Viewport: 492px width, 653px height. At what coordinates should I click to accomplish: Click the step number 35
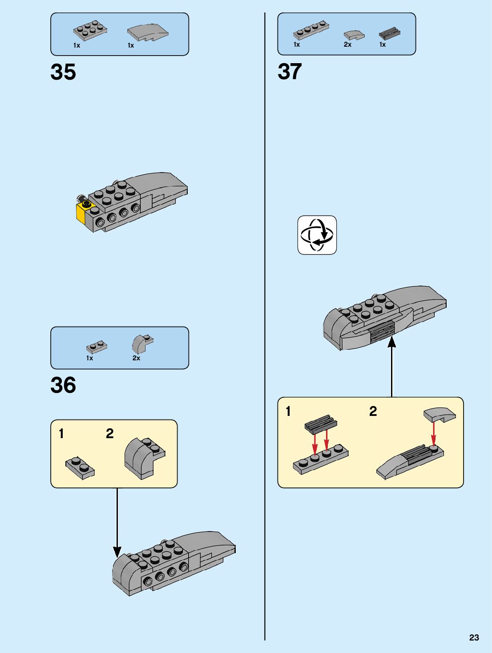63,72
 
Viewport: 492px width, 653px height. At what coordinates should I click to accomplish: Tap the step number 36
63,385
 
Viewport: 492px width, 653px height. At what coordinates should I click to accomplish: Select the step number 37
290,72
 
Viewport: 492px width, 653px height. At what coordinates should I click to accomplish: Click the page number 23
474,637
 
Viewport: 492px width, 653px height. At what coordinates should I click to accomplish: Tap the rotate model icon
317,235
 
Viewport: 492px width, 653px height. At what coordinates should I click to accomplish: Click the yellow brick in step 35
81,212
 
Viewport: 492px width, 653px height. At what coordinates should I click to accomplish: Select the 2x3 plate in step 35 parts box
90,30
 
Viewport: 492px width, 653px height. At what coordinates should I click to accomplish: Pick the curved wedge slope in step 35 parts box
148,32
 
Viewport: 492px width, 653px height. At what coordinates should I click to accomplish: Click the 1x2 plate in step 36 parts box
97,347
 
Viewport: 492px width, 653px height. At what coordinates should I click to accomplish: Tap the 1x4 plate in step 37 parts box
311,30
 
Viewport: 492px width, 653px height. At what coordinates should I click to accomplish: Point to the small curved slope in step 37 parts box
354,34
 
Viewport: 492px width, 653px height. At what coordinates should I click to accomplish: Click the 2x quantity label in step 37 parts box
347,44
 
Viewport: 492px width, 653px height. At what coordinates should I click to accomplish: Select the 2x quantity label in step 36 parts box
136,358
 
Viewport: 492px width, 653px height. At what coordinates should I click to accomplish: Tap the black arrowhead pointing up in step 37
391,342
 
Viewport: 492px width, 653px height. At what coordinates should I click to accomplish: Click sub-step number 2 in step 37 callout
373,411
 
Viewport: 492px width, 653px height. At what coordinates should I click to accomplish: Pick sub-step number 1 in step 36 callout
61,434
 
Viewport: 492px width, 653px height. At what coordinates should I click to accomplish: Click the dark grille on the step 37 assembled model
382,331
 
